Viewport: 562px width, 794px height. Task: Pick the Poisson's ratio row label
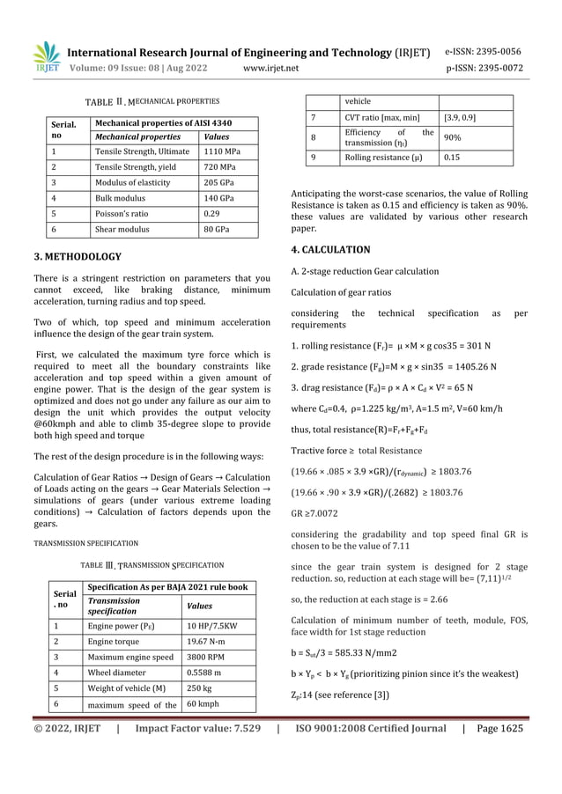(x=123, y=212)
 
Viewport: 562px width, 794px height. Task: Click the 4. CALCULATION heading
(x=330, y=249)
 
